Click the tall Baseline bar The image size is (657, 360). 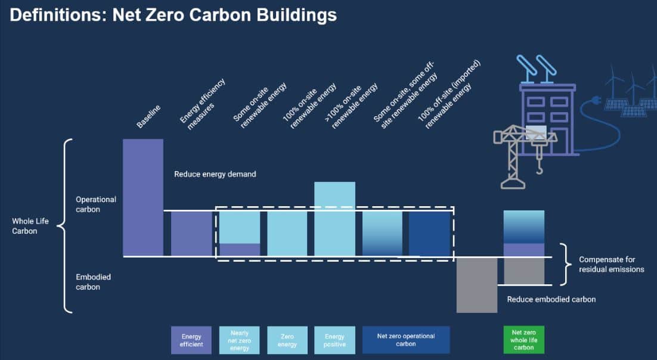click(x=143, y=197)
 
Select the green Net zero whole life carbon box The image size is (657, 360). click(x=524, y=340)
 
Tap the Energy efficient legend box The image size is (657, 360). click(x=191, y=340)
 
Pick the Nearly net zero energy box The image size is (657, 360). click(x=239, y=340)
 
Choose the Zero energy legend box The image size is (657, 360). click(x=287, y=340)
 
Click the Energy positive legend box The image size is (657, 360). click(x=335, y=340)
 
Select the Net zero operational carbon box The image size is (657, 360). click(x=406, y=340)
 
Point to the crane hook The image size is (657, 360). click(x=540, y=168)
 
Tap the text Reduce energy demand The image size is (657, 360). click(x=215, y=174)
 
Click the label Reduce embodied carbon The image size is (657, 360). click(x=551, y=299)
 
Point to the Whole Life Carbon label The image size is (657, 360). click(x=30, y=226)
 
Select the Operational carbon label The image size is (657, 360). click(x=96, y=204)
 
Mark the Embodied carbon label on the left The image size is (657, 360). click(x=94, y=282)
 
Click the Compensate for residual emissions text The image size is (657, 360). click(x=612, y=265)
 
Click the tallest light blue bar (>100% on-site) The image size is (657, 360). click(x=335, y=219)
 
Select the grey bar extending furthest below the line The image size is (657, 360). click(x=477, y=285)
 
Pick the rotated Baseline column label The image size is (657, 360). click(x=148, y=116)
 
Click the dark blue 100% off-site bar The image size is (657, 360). click(x=429, y=234)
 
